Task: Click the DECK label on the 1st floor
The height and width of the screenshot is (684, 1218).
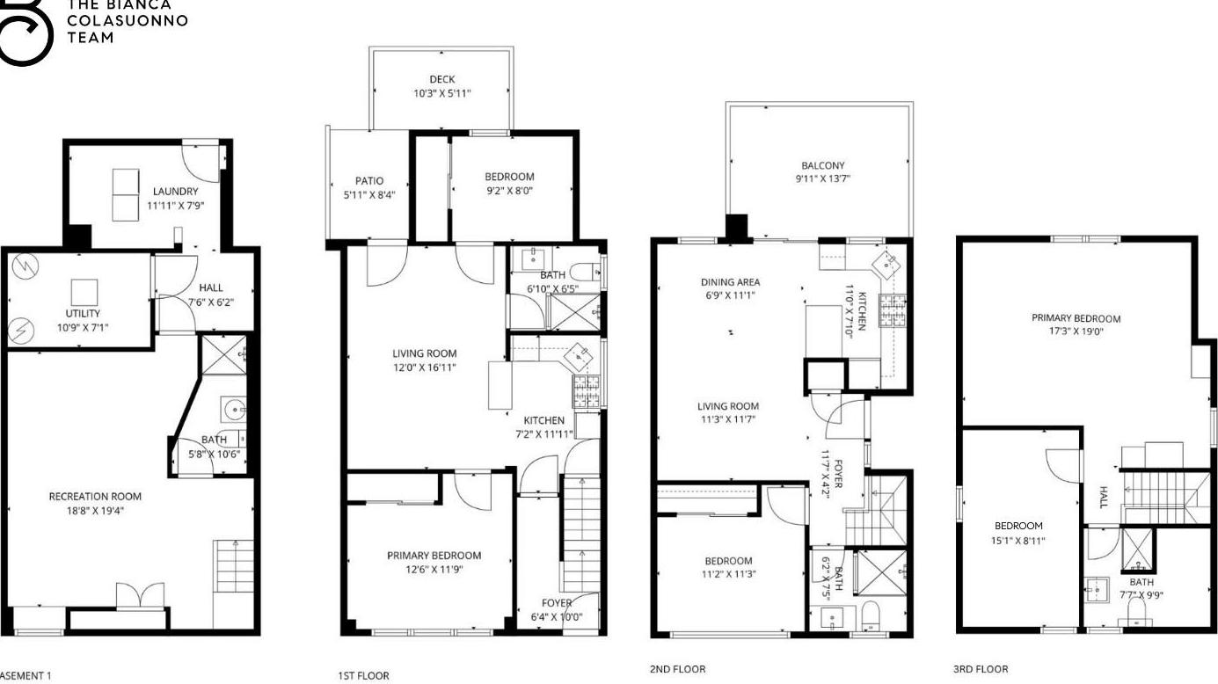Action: point(442,79)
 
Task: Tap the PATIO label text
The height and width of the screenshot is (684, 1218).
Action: point(369,181)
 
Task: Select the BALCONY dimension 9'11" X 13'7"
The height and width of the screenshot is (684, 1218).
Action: point(822,178)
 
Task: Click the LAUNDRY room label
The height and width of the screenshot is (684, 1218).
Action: point(175,191)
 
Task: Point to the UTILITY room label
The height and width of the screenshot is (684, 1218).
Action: point(83,313)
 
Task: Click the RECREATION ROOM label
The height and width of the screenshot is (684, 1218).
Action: point(95,496)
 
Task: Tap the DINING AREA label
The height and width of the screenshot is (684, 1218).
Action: point(730,282)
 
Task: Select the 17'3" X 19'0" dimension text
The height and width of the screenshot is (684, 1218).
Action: point(1076,332)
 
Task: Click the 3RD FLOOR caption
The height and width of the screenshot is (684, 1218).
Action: point(981,669)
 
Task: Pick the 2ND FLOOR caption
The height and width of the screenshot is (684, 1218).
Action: point(677,669)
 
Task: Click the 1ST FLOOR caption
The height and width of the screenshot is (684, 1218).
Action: point(363,676)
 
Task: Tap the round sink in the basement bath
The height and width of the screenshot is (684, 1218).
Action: point(234,409)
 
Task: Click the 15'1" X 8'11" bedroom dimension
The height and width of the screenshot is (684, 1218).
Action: point(1020,541)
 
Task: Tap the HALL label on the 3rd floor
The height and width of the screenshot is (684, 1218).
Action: point(1103,498)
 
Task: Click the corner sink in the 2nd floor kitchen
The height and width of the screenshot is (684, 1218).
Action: point(887,260)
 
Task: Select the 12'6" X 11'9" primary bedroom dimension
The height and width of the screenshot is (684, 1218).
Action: point(434,569)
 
